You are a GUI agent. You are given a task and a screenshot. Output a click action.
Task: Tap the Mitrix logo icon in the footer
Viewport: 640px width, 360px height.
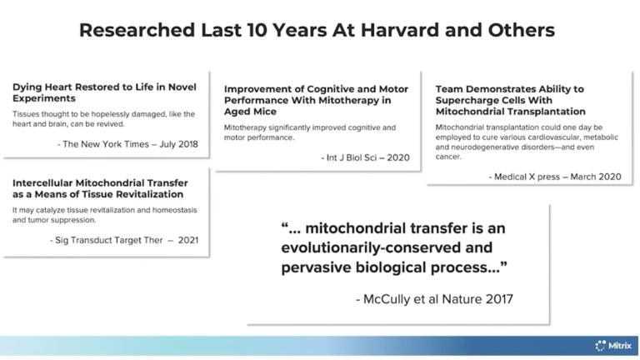click(600, 345)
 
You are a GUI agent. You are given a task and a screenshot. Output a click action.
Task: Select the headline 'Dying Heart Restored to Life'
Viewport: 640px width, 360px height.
click(90, 87)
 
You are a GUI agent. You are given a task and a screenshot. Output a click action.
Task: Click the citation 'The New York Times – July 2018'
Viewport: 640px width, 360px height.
click(127, 143)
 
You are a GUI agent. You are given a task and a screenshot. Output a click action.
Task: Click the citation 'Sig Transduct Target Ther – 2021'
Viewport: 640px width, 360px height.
click(124, 240)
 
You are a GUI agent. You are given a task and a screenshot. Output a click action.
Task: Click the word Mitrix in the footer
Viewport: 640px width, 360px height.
click(620, 345)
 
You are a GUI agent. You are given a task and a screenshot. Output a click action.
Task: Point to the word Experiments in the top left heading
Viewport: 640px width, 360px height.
click(42, 98)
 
